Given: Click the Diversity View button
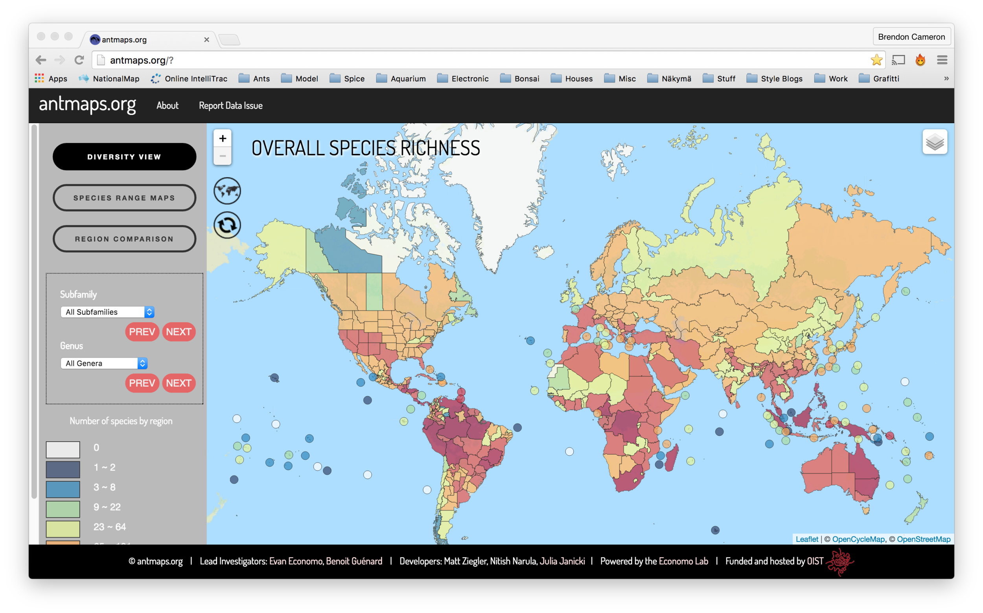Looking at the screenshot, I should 124,157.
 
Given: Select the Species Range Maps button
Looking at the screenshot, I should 124,198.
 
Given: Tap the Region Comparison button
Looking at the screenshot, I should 124,239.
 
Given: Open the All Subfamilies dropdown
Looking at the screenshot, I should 107,312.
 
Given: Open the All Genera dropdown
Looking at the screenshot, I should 104,363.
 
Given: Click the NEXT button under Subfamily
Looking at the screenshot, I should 179,332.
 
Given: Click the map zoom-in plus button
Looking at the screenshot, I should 223,139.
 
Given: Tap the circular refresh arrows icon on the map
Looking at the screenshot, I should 227,225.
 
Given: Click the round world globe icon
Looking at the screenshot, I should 227,191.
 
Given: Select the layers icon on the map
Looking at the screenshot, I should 935,142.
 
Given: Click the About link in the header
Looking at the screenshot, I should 167,105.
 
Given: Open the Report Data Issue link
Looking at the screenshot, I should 230,105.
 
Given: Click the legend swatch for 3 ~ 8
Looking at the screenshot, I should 63,489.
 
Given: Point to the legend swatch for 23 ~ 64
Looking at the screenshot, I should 63,529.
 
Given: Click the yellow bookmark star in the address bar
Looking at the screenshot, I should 876,60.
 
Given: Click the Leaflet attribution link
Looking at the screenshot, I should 806,539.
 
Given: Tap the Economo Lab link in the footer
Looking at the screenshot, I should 683,561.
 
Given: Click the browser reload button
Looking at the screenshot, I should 79,60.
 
